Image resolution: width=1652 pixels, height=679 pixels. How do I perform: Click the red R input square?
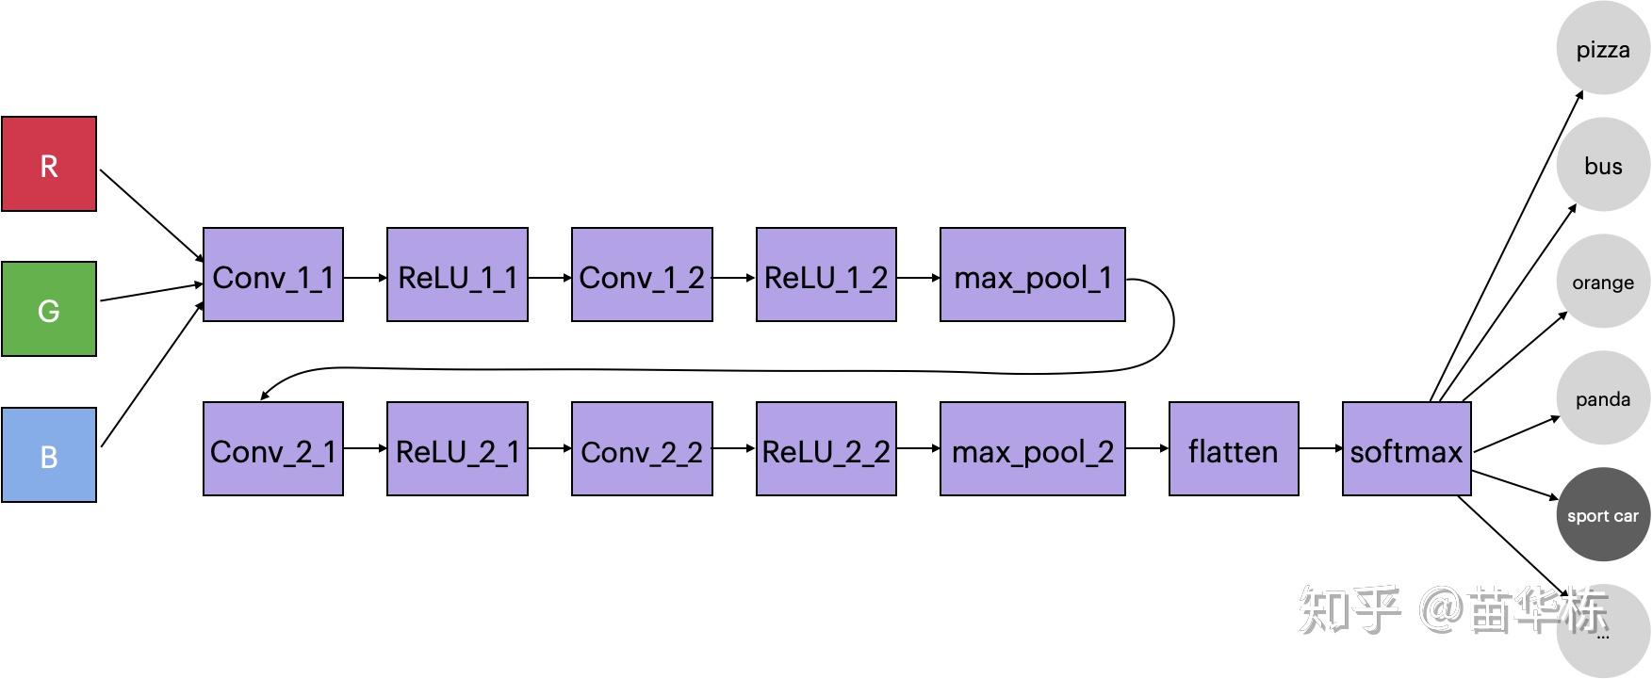click(49, 164)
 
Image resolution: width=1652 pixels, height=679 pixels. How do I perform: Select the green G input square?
click(49, 309)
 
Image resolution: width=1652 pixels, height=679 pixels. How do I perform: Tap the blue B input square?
click(49, 455)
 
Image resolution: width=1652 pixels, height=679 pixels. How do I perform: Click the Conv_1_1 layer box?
click(273, 275)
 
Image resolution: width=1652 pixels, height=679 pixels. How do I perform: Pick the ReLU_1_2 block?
click(826, 275)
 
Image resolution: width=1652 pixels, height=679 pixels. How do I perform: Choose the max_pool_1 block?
click(1033, 275)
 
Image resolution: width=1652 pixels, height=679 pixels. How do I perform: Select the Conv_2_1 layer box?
click(273, 449)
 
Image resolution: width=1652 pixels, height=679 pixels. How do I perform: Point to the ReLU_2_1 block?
click(457, 449)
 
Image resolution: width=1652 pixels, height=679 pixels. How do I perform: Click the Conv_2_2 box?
click(642, 449)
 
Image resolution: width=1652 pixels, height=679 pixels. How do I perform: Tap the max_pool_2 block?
click(1033, 449)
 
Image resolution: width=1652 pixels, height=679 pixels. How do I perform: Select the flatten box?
click(1234, 449)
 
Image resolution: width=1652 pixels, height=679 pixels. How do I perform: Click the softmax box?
click(1406, 449)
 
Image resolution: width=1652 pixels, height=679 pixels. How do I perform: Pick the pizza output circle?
click(1603, 49)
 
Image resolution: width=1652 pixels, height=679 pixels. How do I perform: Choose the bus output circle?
click(1603, 166)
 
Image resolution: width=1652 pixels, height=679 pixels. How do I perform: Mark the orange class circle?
click(1603, 282)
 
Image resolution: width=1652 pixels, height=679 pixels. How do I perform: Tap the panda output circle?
click(1603, 398)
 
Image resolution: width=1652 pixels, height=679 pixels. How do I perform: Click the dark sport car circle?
click(1603, 515)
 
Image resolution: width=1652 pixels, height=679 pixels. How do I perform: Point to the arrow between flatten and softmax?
click(1320, 449)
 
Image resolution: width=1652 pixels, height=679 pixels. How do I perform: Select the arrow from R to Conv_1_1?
click(151, 216)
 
